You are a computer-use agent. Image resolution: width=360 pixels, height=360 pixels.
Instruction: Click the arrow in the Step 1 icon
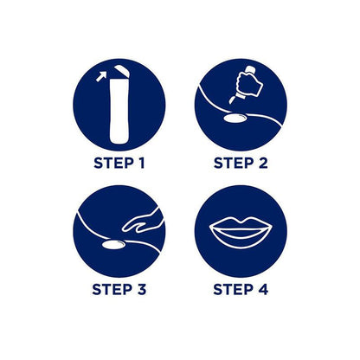point(101,77)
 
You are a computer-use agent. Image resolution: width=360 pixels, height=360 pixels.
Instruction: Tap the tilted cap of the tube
point(122,72)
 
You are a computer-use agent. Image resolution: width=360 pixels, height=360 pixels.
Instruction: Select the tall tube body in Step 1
point(119,111)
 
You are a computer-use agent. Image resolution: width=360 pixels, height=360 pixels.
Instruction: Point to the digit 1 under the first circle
point(140,164)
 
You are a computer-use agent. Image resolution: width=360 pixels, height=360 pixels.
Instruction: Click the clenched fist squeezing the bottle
point(248,82)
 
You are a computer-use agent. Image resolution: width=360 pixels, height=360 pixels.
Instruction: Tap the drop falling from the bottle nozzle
point(231,100)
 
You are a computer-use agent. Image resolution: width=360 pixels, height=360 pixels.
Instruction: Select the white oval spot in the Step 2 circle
point(235,119)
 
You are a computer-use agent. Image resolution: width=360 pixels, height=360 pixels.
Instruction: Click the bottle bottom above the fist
point(250,69)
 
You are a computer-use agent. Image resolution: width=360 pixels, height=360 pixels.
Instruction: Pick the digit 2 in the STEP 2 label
point(262,164)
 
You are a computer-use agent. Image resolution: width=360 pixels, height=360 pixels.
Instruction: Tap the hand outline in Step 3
point(143,222)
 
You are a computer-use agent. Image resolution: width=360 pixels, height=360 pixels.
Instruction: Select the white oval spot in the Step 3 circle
point(113,245)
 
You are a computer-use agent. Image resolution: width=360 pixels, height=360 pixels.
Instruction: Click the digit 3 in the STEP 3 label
point(141,289)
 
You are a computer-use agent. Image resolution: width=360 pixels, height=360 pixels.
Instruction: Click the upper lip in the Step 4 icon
point(241,223)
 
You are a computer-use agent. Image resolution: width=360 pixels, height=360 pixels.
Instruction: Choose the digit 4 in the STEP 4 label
point(262,289)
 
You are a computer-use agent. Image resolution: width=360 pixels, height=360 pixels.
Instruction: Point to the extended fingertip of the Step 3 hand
point(123,229)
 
